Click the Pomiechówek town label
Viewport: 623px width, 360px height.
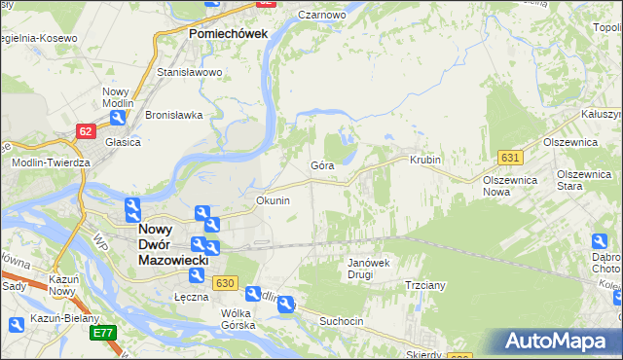227,34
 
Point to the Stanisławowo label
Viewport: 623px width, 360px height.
191,72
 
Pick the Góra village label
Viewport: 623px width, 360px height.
322,166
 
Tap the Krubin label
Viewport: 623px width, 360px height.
425,160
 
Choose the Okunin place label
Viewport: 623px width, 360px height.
273,200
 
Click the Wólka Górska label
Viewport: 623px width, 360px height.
238,319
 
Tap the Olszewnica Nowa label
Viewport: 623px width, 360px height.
510,186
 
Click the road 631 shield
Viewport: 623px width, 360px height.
511,157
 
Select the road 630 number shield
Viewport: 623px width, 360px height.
225,282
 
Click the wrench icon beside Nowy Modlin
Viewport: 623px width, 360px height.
117,119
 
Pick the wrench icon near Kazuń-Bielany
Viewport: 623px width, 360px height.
15,326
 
